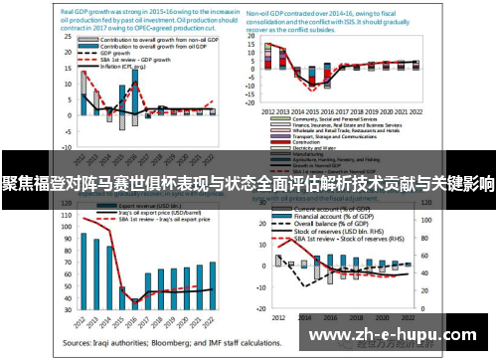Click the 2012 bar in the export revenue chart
tap(84, 270)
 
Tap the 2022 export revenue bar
tap(212, 283)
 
